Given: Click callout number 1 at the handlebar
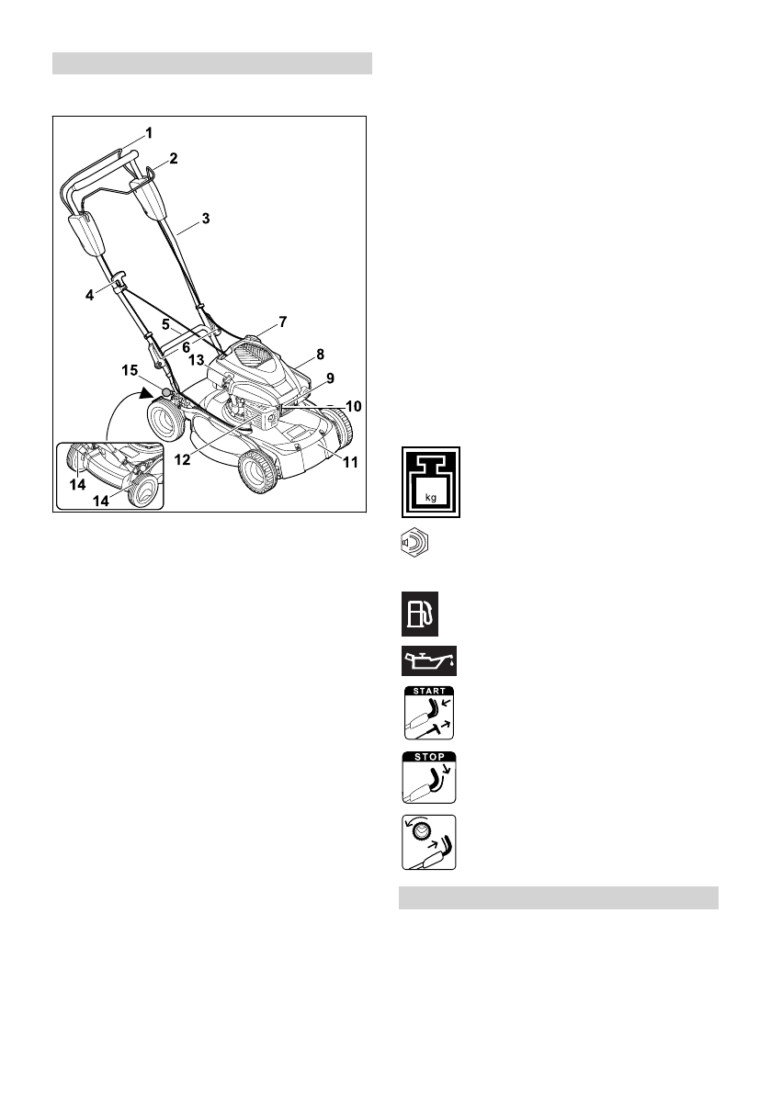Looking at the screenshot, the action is click(148, 132).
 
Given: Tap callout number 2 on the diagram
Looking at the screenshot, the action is click(173, 157).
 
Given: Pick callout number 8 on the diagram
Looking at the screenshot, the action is click(319, 353).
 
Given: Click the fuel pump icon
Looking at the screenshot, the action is click(419, 614).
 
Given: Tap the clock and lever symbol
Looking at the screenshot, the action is click(429, 841).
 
